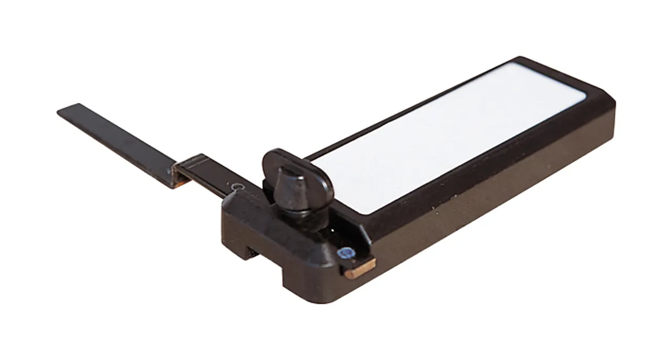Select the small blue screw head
345,254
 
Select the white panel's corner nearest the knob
362,211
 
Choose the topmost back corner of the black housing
519,59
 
